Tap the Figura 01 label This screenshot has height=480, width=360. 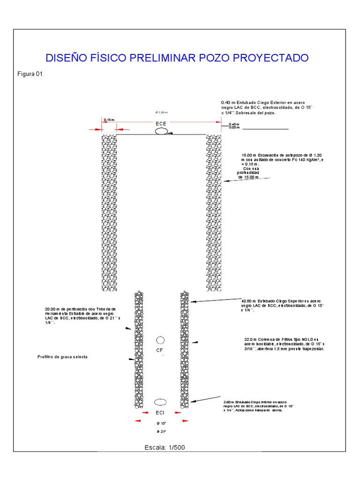30,74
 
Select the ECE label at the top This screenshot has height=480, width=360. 161,124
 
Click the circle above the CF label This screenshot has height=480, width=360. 160,340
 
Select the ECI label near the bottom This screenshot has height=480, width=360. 160,413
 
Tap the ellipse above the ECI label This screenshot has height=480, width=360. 160,402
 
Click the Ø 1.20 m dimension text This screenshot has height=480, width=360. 161,112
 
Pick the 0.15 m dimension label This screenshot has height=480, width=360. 108,120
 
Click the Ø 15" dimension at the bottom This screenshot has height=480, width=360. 161,423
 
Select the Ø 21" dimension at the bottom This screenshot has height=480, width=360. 161,431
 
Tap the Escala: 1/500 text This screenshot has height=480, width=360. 165,447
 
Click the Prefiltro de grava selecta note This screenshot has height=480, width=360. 62,357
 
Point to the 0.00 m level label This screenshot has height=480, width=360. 234,128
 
